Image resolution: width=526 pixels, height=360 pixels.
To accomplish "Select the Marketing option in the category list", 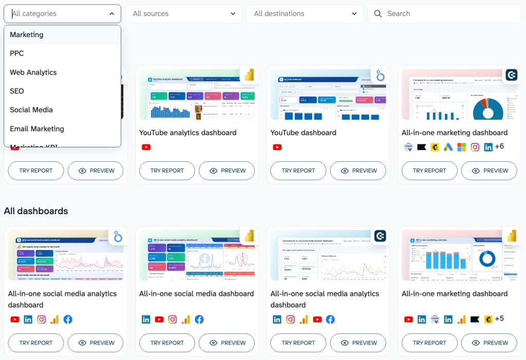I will (x=27, y=35).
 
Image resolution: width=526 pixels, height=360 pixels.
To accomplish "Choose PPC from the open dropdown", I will (x=17, y=53).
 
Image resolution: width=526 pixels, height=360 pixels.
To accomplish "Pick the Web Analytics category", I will (x=33, y=72).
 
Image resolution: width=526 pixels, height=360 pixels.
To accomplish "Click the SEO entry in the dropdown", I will (x=17, y=91).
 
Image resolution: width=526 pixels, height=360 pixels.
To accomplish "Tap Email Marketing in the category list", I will (x=37, y=129).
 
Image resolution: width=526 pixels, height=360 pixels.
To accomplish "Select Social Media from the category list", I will (x=31, y=110).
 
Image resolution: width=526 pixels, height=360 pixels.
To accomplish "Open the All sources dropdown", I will (x=183, y=14).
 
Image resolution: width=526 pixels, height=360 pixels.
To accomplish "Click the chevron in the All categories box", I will (x=112, y=14).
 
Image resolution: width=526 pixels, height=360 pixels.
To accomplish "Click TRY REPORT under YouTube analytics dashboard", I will (x=167, y=170).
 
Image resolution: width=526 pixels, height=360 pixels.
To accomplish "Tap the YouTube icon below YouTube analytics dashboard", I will (x=146, y=147).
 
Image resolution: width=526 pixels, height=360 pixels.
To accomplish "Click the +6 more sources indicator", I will (x=499, y=147).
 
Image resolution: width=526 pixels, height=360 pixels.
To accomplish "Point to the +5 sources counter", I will (x=499, y=319).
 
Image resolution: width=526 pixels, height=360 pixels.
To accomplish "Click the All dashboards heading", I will (x=36, y=211).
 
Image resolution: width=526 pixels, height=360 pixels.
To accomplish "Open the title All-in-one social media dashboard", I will (x=196, y=294).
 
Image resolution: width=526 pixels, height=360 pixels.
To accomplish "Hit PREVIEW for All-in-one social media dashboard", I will (x=227, y=343).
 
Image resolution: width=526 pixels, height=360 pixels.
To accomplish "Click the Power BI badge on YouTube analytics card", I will (x=249, y=75).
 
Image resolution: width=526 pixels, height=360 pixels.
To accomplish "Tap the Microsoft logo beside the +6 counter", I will (x=462, y=147).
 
